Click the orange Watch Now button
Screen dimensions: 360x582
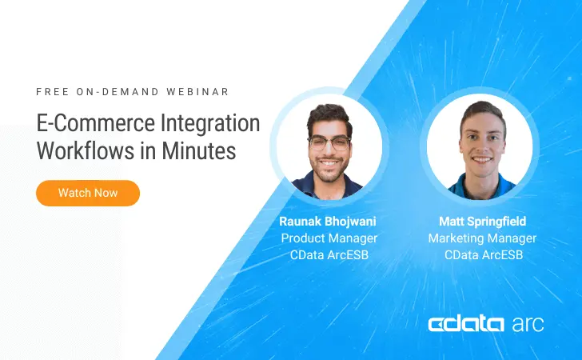click(x=88, y=193)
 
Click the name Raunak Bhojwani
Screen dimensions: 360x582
click(x=329, y=221)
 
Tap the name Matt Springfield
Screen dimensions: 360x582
click(x=482, y=221)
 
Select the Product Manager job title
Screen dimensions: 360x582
click(x=329, y=238)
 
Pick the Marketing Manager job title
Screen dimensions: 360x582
click(x=482, y=238)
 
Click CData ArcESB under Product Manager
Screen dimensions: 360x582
click(x=329, y=255)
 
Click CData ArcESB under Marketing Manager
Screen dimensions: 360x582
click(x=482, y=255)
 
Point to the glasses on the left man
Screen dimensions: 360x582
click(x=329, y=144)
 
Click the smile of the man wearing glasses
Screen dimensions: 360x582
click(x=329, y=166)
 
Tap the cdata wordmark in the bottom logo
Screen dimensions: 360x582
click(x=466, y=324)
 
